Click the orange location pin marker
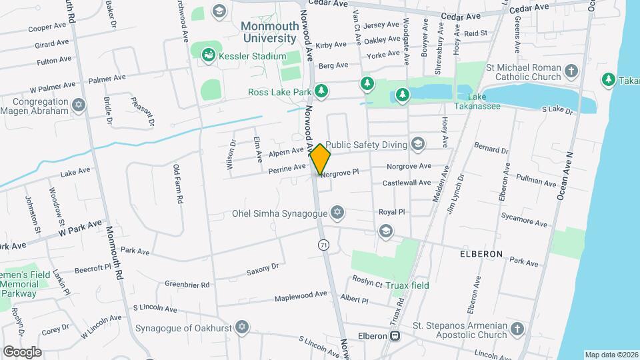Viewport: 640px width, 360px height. [x=321, y=160]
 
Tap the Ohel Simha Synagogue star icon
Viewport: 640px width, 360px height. [x=337, y=213]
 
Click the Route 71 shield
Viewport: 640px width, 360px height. [x=323, y=245]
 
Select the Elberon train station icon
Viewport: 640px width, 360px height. [x=395, y=336]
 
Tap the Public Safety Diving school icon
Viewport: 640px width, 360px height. [x=418, y=143]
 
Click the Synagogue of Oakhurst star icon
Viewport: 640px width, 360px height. [x=243, y=328]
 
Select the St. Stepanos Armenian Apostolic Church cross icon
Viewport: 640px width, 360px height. [x=517, y=329]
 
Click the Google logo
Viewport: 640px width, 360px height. [x=22, y=351]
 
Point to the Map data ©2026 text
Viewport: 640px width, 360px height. [x=611, y=355]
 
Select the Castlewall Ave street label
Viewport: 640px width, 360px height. [x=407, y=183]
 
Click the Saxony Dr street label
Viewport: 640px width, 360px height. [x=262, y=269]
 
